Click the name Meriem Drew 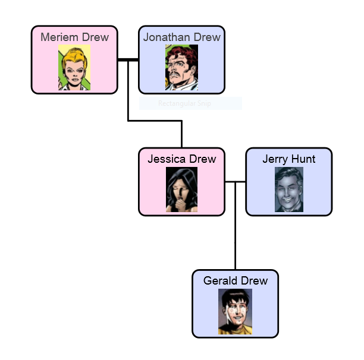pos(74,37)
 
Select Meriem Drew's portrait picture pos(74,68)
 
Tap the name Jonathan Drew pos(181,37)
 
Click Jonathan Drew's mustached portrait pos(181,68)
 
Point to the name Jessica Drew pos(181,159)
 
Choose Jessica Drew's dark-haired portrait pos(181,190)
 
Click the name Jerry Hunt pos(288,159)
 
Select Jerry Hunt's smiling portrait pos(288,190)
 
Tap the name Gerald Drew pos(235,281)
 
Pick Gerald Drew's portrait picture pos(235,311)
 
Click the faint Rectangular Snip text pos(184,104)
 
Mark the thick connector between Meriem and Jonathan pos(128,60)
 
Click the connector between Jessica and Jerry pos(235,182)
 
